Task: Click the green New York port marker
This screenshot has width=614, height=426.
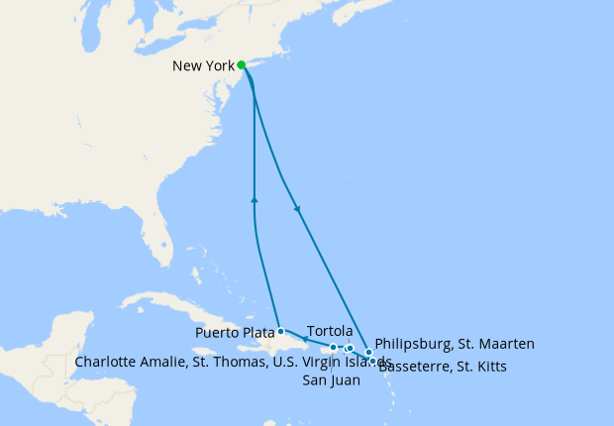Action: pos(242,65)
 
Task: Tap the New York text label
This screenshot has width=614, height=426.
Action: pos(203,66)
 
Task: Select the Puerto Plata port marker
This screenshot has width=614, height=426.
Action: pos(281,331)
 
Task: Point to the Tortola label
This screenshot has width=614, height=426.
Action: pos(330,330)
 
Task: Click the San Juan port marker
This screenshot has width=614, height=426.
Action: pos(334,348)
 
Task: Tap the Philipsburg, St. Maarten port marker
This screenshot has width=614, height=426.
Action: pos(368,352)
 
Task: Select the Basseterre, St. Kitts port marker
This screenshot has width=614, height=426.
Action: pos(373,362)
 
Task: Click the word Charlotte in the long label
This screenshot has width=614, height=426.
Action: pos(107,362)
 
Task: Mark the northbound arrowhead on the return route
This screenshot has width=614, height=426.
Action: pos(256,200)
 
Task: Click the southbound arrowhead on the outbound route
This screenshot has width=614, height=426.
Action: pos(298,209)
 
